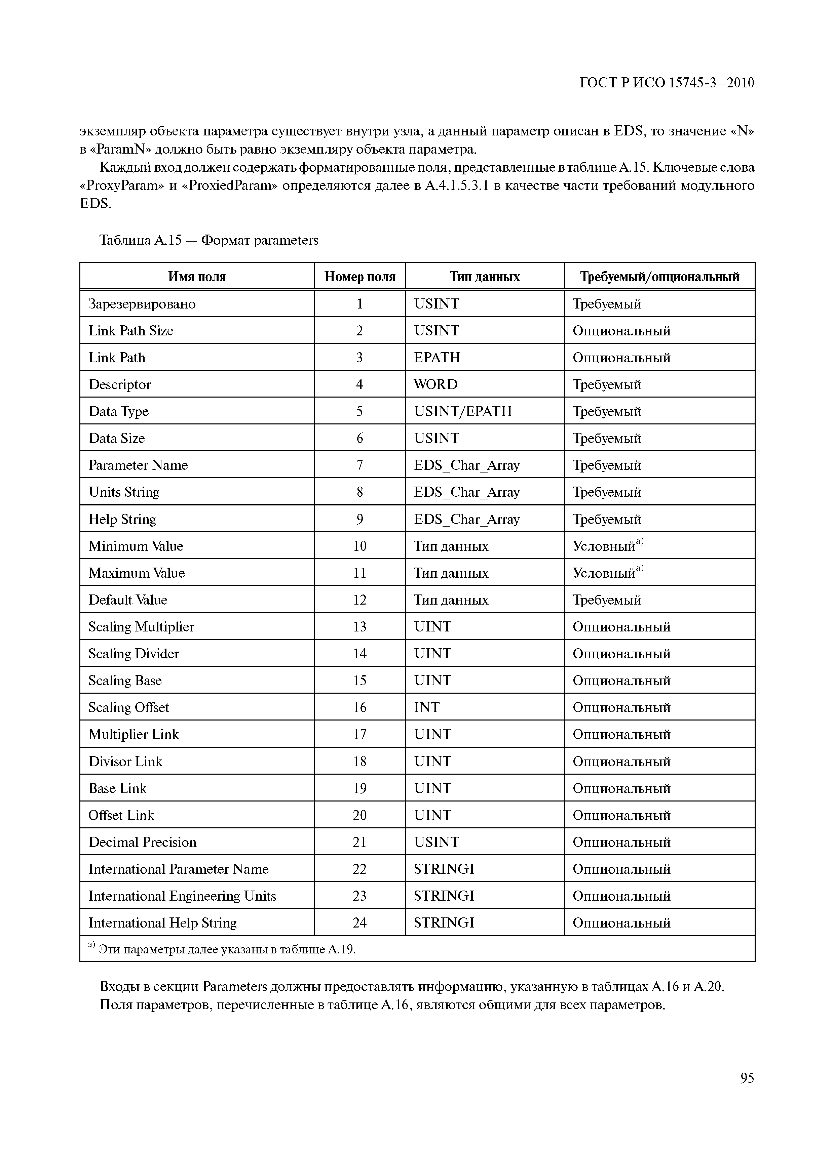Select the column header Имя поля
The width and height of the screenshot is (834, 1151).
pos(197,277)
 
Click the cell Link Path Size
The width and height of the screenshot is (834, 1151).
pos(131,331)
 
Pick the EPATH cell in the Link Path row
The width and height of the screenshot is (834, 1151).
pos(437,358)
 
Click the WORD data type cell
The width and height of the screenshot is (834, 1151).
pos(435,385)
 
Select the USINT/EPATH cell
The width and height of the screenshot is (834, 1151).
pos(463,412)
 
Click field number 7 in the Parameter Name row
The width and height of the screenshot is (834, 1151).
pos(359,465)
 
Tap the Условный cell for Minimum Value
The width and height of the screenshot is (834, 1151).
pos(607,546)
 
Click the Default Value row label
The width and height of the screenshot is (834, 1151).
pos(128,600)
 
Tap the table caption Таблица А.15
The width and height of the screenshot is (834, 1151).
pos(208,240)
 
